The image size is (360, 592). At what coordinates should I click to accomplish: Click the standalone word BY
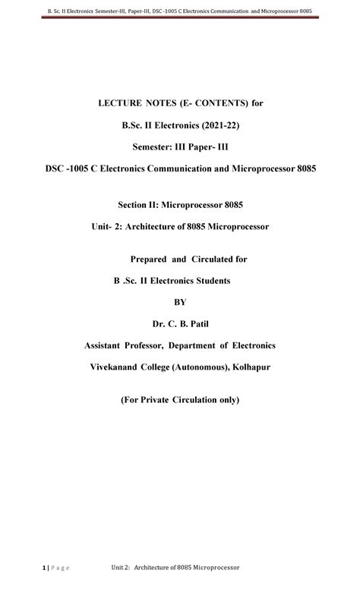180,302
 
